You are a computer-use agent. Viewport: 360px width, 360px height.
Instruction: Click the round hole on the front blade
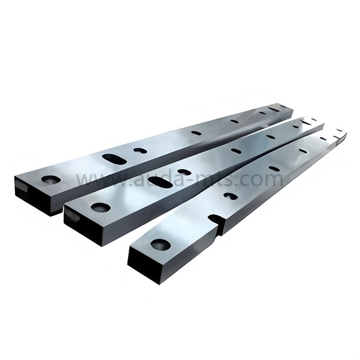[x=161, y=244]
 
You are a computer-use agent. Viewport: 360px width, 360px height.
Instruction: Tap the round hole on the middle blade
[x=101, y=208]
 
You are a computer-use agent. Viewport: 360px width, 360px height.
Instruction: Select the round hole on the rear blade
[x=51, y=180]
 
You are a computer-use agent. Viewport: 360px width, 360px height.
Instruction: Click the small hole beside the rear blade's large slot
[x=140, y=150]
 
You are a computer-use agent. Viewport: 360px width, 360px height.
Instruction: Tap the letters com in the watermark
[x=266, y=179]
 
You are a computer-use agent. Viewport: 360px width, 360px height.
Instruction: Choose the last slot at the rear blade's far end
[x=274, y=109]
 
